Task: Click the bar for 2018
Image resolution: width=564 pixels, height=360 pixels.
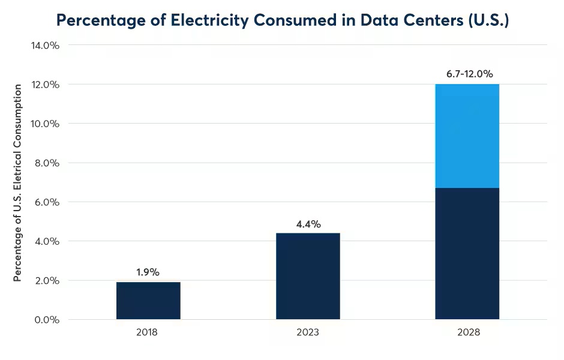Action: click(x=148, y=301)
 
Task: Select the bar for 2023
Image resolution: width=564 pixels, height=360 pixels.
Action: click(x=308, y=276)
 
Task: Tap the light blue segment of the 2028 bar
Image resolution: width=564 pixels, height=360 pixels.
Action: click(x=467, y=136)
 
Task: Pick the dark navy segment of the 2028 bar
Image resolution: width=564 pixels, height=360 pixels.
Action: click(x=467, y=253)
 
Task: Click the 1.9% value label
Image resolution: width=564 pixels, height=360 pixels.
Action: click(x=148, y=272)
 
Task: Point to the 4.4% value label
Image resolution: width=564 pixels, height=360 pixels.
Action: click(x=308, y=224)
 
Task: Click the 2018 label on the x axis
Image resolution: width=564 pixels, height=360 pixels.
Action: click(x=147, y=332)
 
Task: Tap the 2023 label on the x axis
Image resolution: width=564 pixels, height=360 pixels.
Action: click(x=307, y=332)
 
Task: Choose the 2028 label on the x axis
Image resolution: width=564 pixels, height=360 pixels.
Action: click(x=467, y=332)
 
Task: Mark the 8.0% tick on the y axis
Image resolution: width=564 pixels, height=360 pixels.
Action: click(x=46, y=163)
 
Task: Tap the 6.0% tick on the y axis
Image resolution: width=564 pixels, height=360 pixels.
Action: click(x=46, y=202)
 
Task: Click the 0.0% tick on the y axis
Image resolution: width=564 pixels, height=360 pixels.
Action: click(x=46, y=319)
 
